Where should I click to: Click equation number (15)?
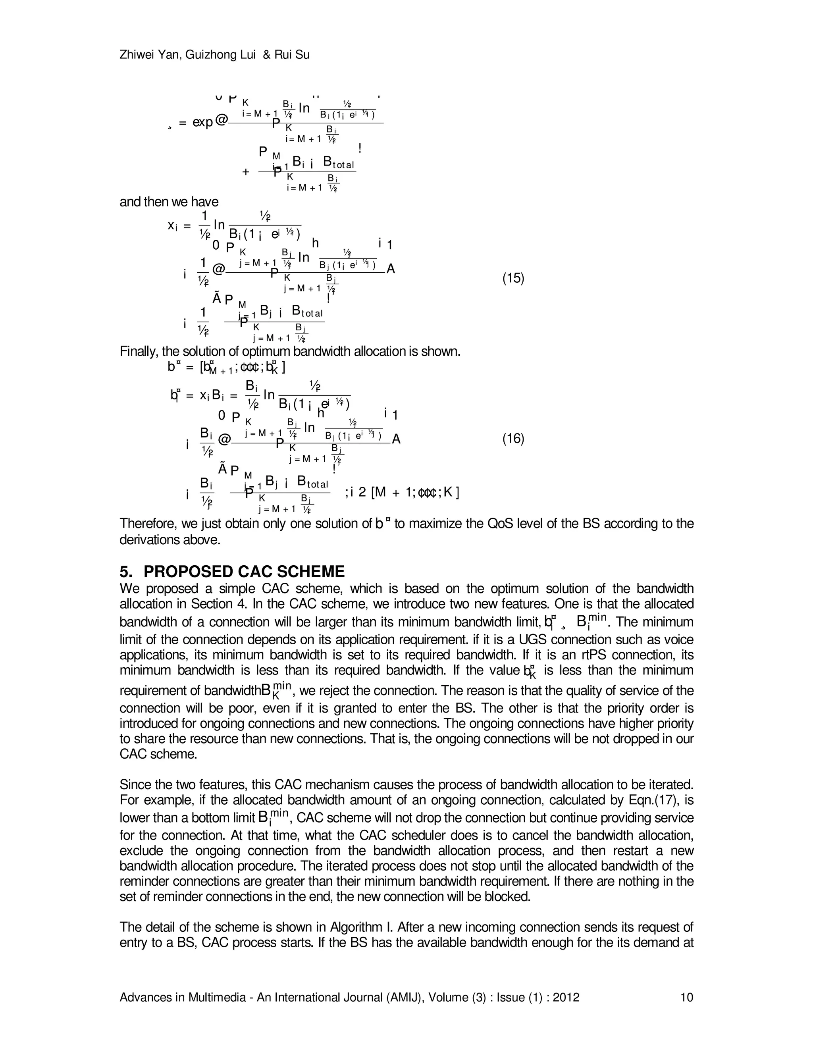[x=513, y=278]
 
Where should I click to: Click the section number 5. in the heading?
[x=126, y=572]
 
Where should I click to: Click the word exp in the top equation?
[x=203, y=122]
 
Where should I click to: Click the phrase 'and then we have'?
[x=169, y=202]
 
